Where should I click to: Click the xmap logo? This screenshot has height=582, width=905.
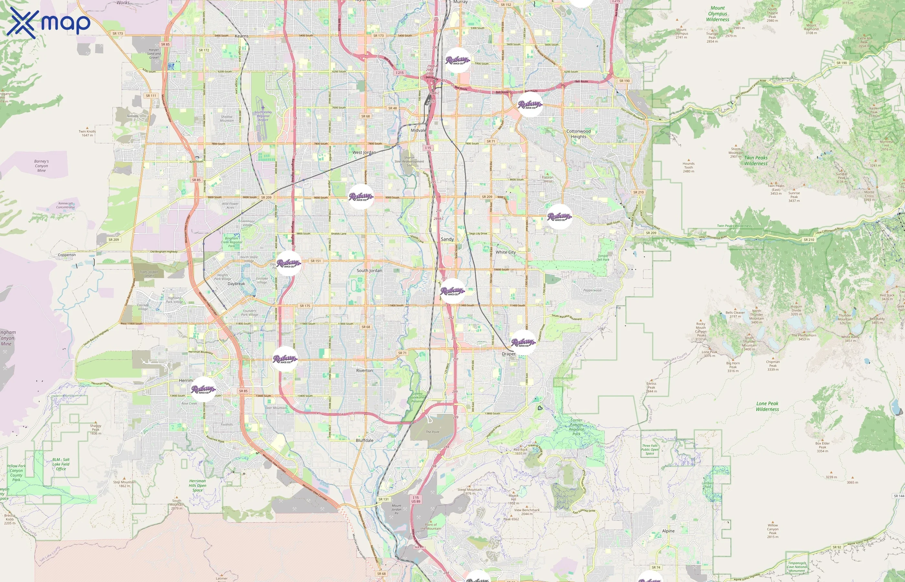coord(48,23)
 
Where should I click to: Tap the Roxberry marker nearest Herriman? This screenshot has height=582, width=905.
coord(203,389)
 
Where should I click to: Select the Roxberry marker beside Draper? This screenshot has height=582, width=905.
coord(524,342)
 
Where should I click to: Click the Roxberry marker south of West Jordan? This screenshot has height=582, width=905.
coord(361,197)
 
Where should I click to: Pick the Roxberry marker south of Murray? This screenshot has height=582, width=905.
coord(457,60)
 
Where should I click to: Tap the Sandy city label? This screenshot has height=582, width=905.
coord(447,239)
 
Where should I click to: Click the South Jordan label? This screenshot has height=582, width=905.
coord(369,271)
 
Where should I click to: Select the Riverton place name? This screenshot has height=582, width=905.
coord(364,371)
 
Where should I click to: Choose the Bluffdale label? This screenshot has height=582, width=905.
coord(365,441)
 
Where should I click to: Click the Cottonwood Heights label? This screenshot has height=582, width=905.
coord(578,134)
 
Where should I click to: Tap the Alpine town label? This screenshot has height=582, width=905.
coord(668,531)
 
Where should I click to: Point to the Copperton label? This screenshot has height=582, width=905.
coord(67,255)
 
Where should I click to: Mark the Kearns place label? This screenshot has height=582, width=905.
coord(242,36)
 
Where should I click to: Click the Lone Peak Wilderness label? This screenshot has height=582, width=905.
coord(767,406)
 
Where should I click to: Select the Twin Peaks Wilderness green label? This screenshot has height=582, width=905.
coord(756,161)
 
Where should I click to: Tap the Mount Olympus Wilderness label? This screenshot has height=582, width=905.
coord(718,14)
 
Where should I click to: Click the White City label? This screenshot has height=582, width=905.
coord(506,253)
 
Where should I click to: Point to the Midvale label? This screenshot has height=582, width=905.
coord(418,130)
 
